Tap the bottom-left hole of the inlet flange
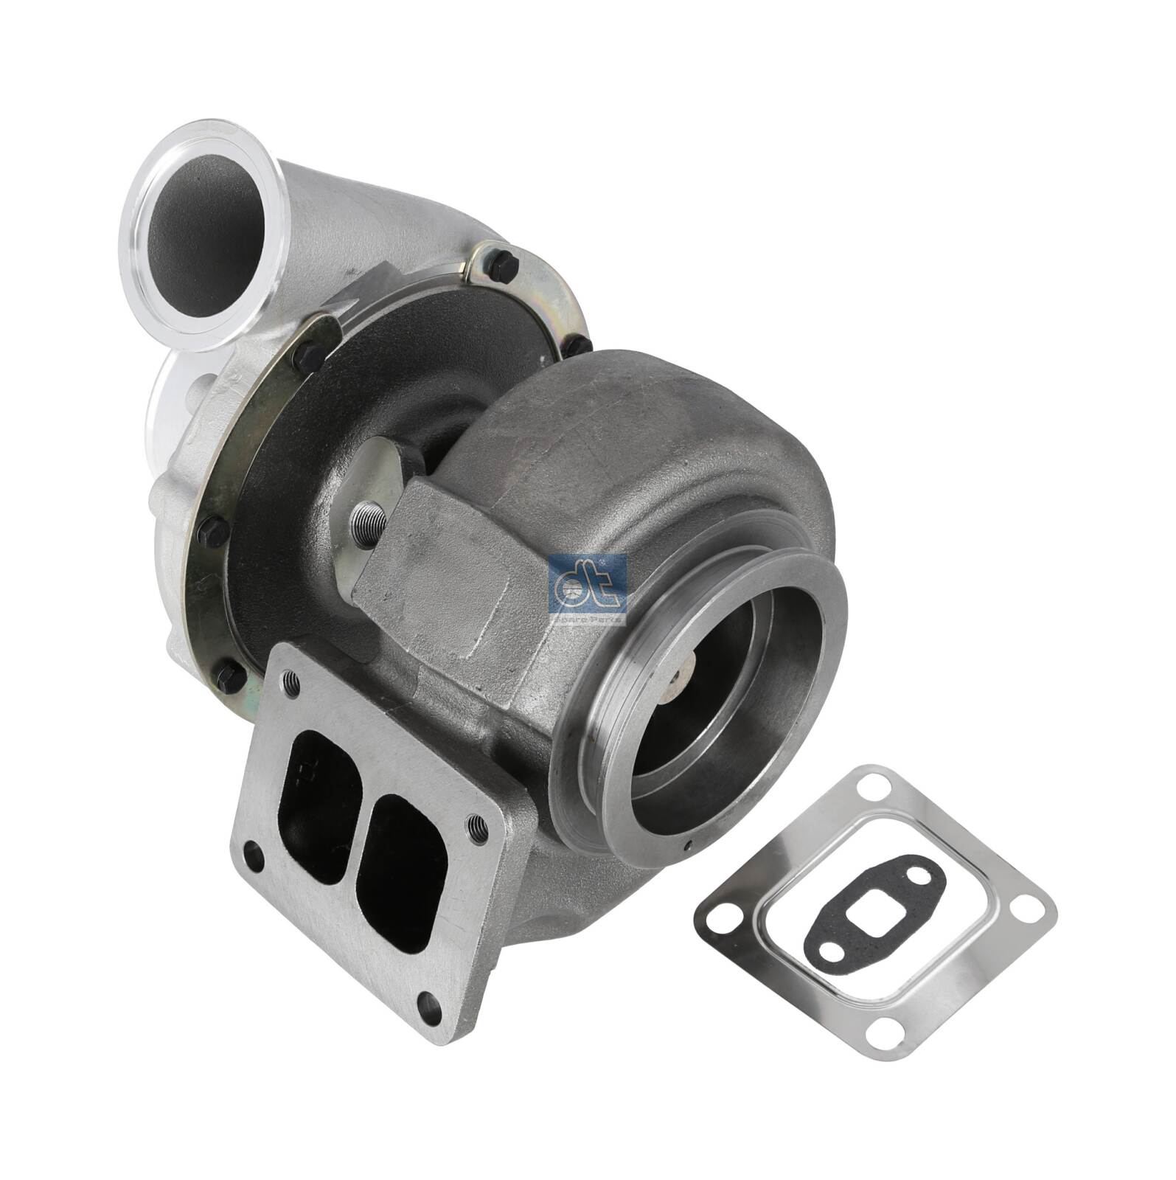click(x=254, y=850)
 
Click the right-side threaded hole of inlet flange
click(x=478, y=827)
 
